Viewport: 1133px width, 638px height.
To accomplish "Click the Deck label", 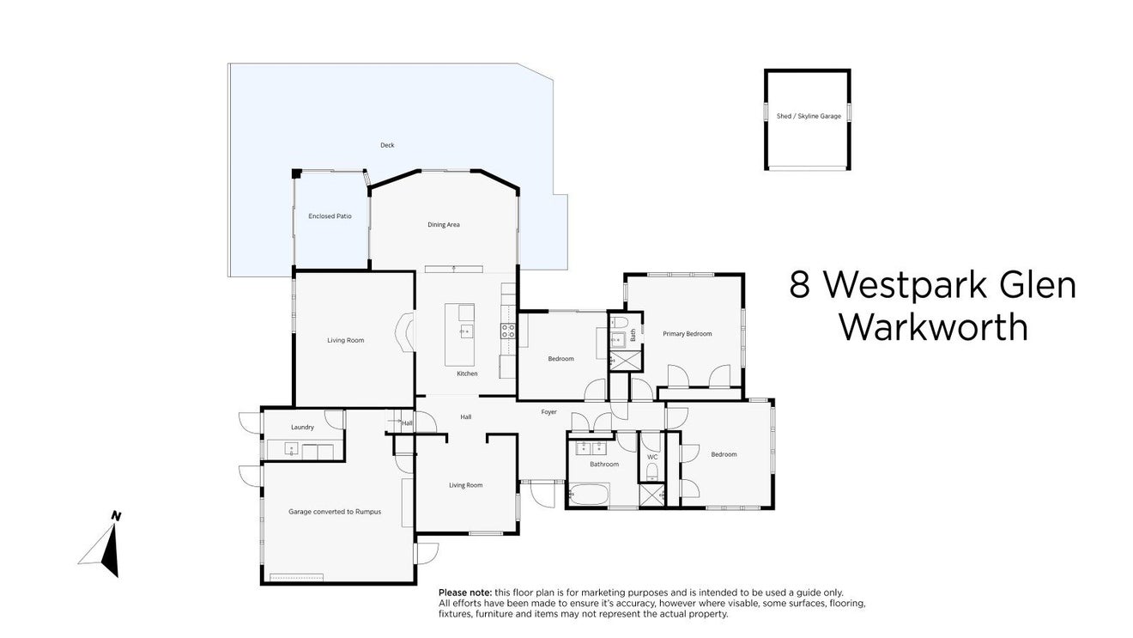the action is coord(387,145).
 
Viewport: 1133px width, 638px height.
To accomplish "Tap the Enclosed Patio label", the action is coord(330,216).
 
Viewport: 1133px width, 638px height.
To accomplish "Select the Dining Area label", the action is coord(444,225).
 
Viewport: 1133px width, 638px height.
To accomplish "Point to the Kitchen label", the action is coord(467,374).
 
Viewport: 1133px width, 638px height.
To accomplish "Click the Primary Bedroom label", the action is coord(687,334).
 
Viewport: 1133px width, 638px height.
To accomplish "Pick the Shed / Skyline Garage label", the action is coord(809,116).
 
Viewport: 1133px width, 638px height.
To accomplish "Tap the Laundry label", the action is coord(302,427).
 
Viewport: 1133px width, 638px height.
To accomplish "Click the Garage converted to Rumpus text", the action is coord(335,512).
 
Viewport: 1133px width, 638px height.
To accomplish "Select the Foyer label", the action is coord(548,412).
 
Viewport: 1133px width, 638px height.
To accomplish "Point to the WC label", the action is coord(652,457).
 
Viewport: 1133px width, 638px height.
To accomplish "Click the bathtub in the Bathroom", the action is coord(588,493).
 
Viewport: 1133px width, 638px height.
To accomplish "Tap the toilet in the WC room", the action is coord(652,471).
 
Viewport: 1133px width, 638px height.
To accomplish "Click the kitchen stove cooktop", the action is coord(508,331).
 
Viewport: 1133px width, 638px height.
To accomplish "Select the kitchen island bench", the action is coord(459,334).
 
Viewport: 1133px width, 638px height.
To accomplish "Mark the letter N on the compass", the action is coord(116,516).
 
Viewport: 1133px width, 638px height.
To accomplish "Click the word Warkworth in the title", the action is coord(933,327).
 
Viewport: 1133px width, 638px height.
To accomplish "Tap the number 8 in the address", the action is coord(800,285).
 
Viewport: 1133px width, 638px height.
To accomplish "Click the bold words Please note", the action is coord(465,592).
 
